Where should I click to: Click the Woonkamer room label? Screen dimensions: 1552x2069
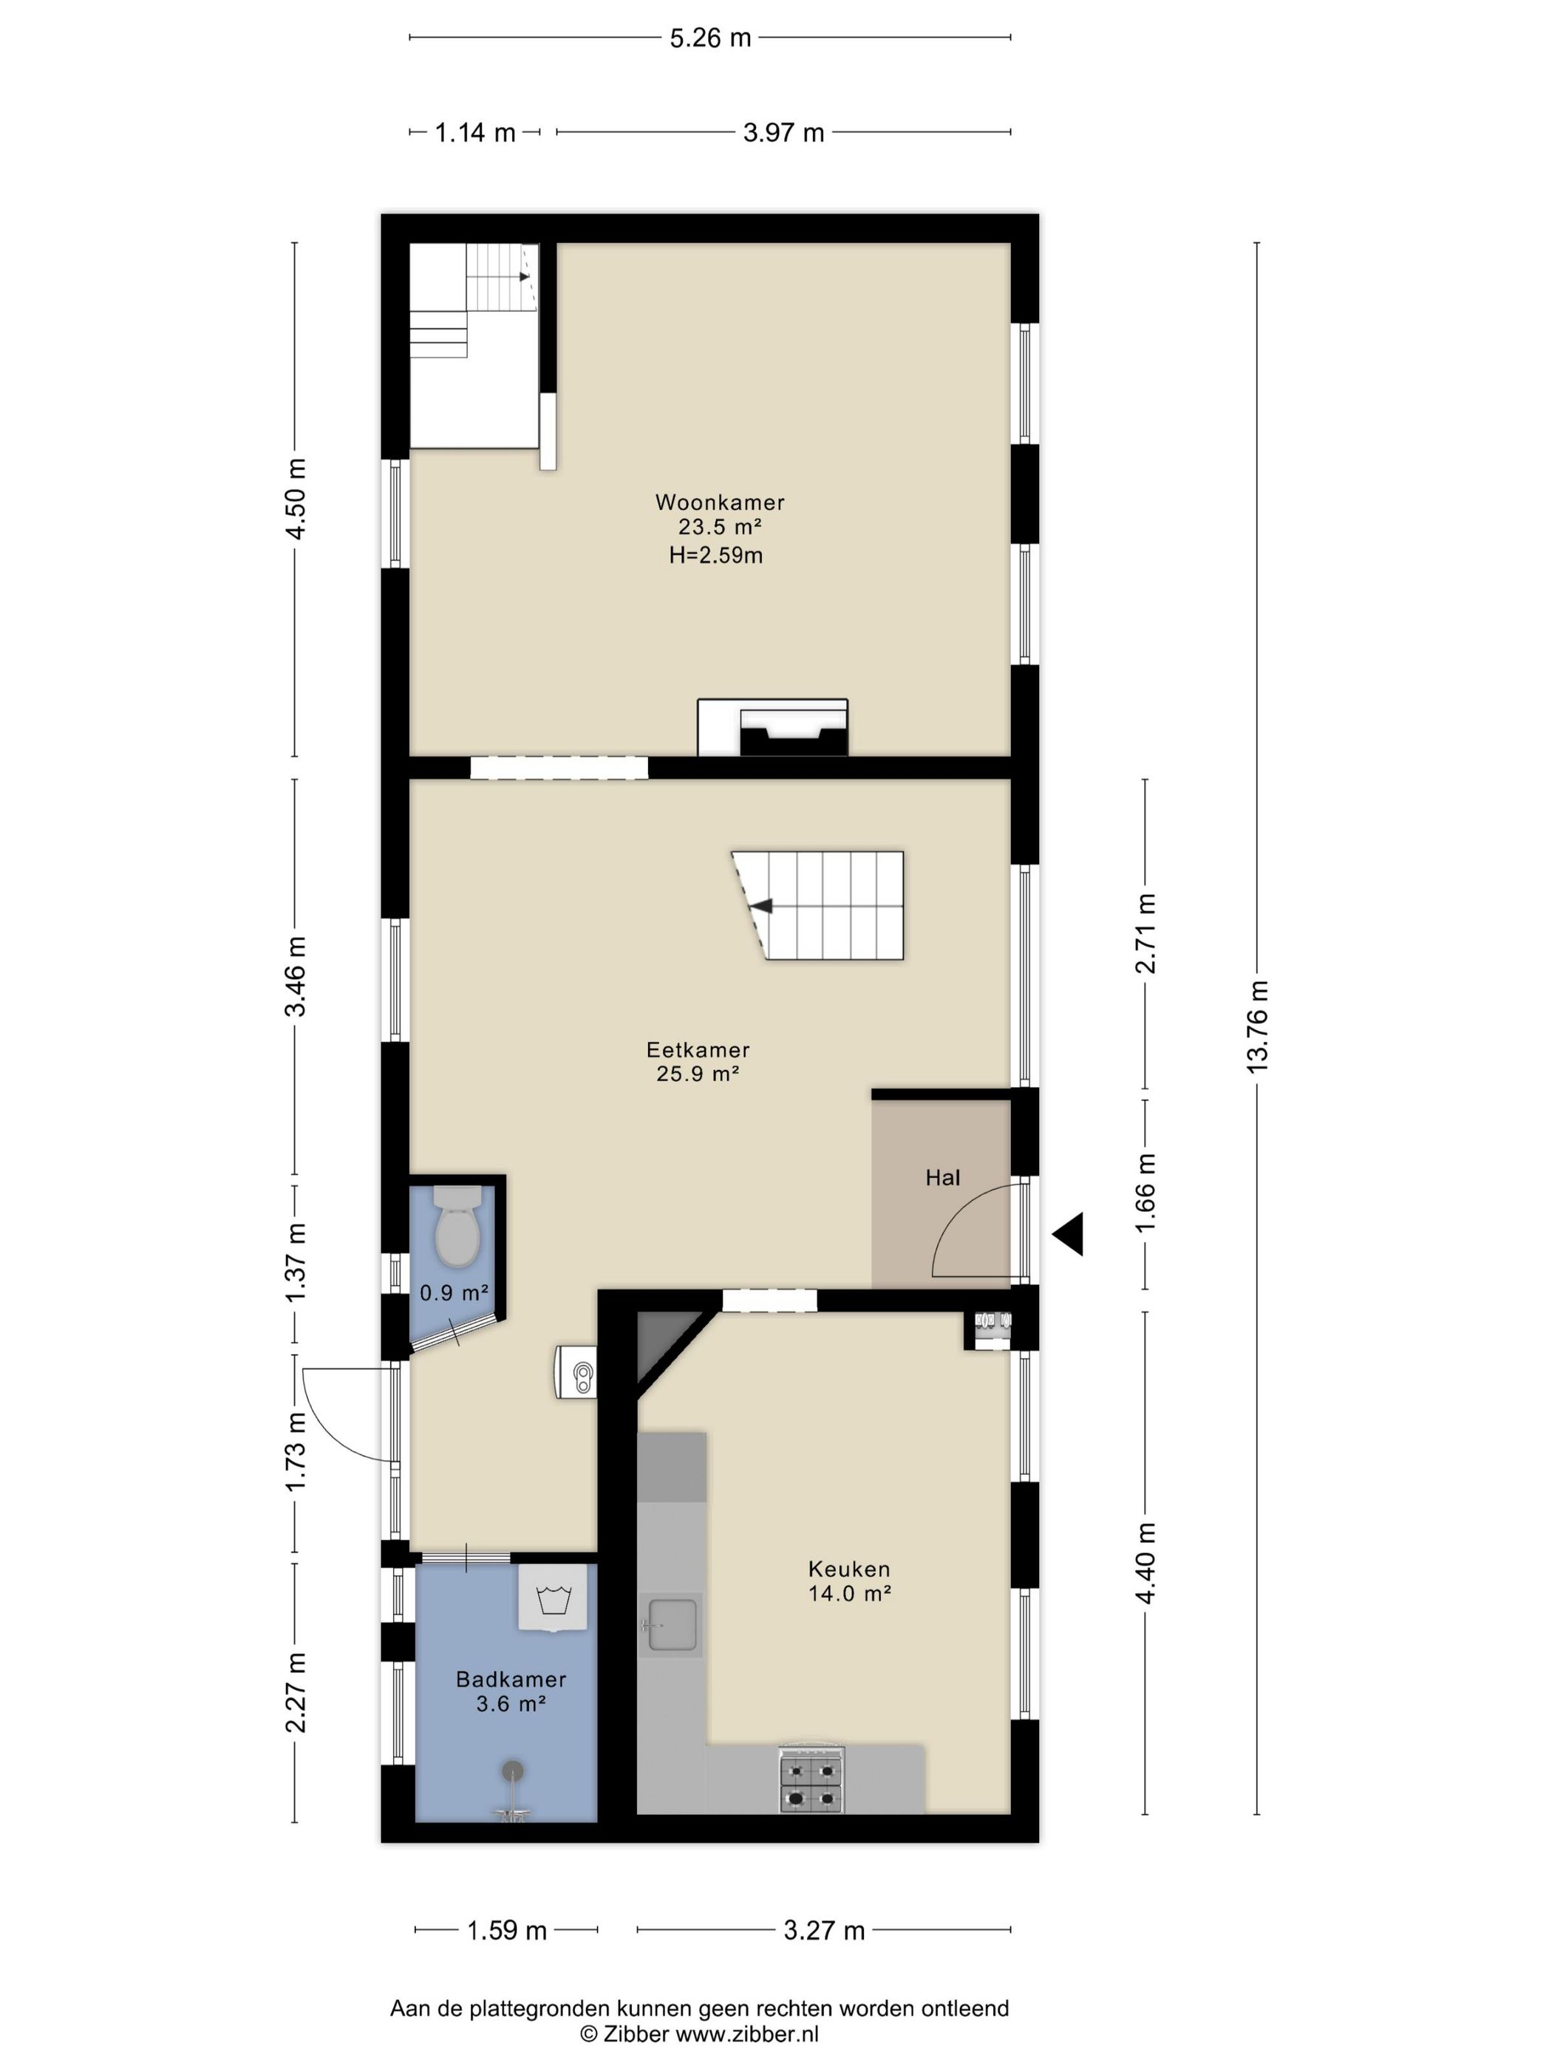pos(719,502)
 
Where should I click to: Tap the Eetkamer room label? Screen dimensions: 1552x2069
pos(698,1049)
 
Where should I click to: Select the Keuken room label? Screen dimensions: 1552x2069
pos(848,1569)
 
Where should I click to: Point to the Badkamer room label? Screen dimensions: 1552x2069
pos(511,1679)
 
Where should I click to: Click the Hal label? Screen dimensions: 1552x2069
pos(942,1178)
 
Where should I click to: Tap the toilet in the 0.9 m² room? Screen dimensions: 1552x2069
pos(457,1225)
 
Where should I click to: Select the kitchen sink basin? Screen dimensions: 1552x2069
pos(671,1625)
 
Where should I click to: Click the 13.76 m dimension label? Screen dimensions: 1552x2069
pos(1256,1026)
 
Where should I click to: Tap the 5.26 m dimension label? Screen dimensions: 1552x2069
pos(710,38)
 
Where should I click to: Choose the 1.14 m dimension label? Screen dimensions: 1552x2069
pos(475,133)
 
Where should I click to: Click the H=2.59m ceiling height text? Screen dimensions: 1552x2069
pos(715,556)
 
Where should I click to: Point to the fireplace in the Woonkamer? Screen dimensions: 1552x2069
pos(773,727)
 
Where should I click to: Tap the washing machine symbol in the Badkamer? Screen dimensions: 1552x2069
pos(553,1598)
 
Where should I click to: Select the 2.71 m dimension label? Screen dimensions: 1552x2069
pos(1145,933)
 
